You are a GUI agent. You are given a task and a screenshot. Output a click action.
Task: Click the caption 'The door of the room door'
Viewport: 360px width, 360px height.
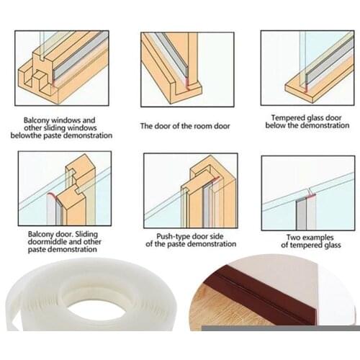(x=184, y=126)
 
